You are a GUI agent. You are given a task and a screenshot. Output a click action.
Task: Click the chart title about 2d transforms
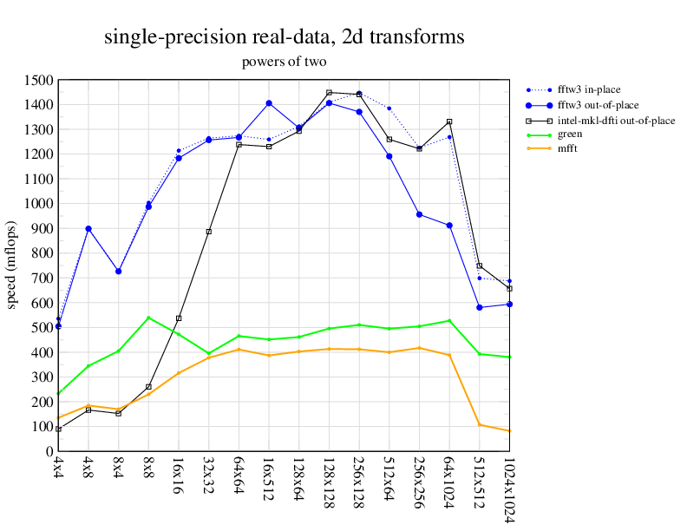coord(284,37)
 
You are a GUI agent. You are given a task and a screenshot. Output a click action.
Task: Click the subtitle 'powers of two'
coord(284,62)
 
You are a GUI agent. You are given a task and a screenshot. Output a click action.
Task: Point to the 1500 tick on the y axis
coord(38,80)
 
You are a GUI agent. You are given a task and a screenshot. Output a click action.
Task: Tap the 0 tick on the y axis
coord(49,451)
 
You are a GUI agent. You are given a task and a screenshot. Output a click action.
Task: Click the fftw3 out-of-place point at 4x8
coord(88,229)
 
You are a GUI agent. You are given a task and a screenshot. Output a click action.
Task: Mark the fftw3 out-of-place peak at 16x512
coord(269,103)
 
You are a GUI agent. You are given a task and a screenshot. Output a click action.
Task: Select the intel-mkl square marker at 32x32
coord(209,232)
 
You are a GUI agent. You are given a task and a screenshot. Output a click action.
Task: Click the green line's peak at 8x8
coord(148,318)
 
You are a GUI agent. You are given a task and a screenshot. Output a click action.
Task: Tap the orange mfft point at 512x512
coord(480,424)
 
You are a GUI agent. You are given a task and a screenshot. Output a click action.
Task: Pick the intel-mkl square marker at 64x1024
coord(449,121)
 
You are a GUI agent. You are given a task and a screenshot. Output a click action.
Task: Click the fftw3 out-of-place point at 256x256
coord(419,214)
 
